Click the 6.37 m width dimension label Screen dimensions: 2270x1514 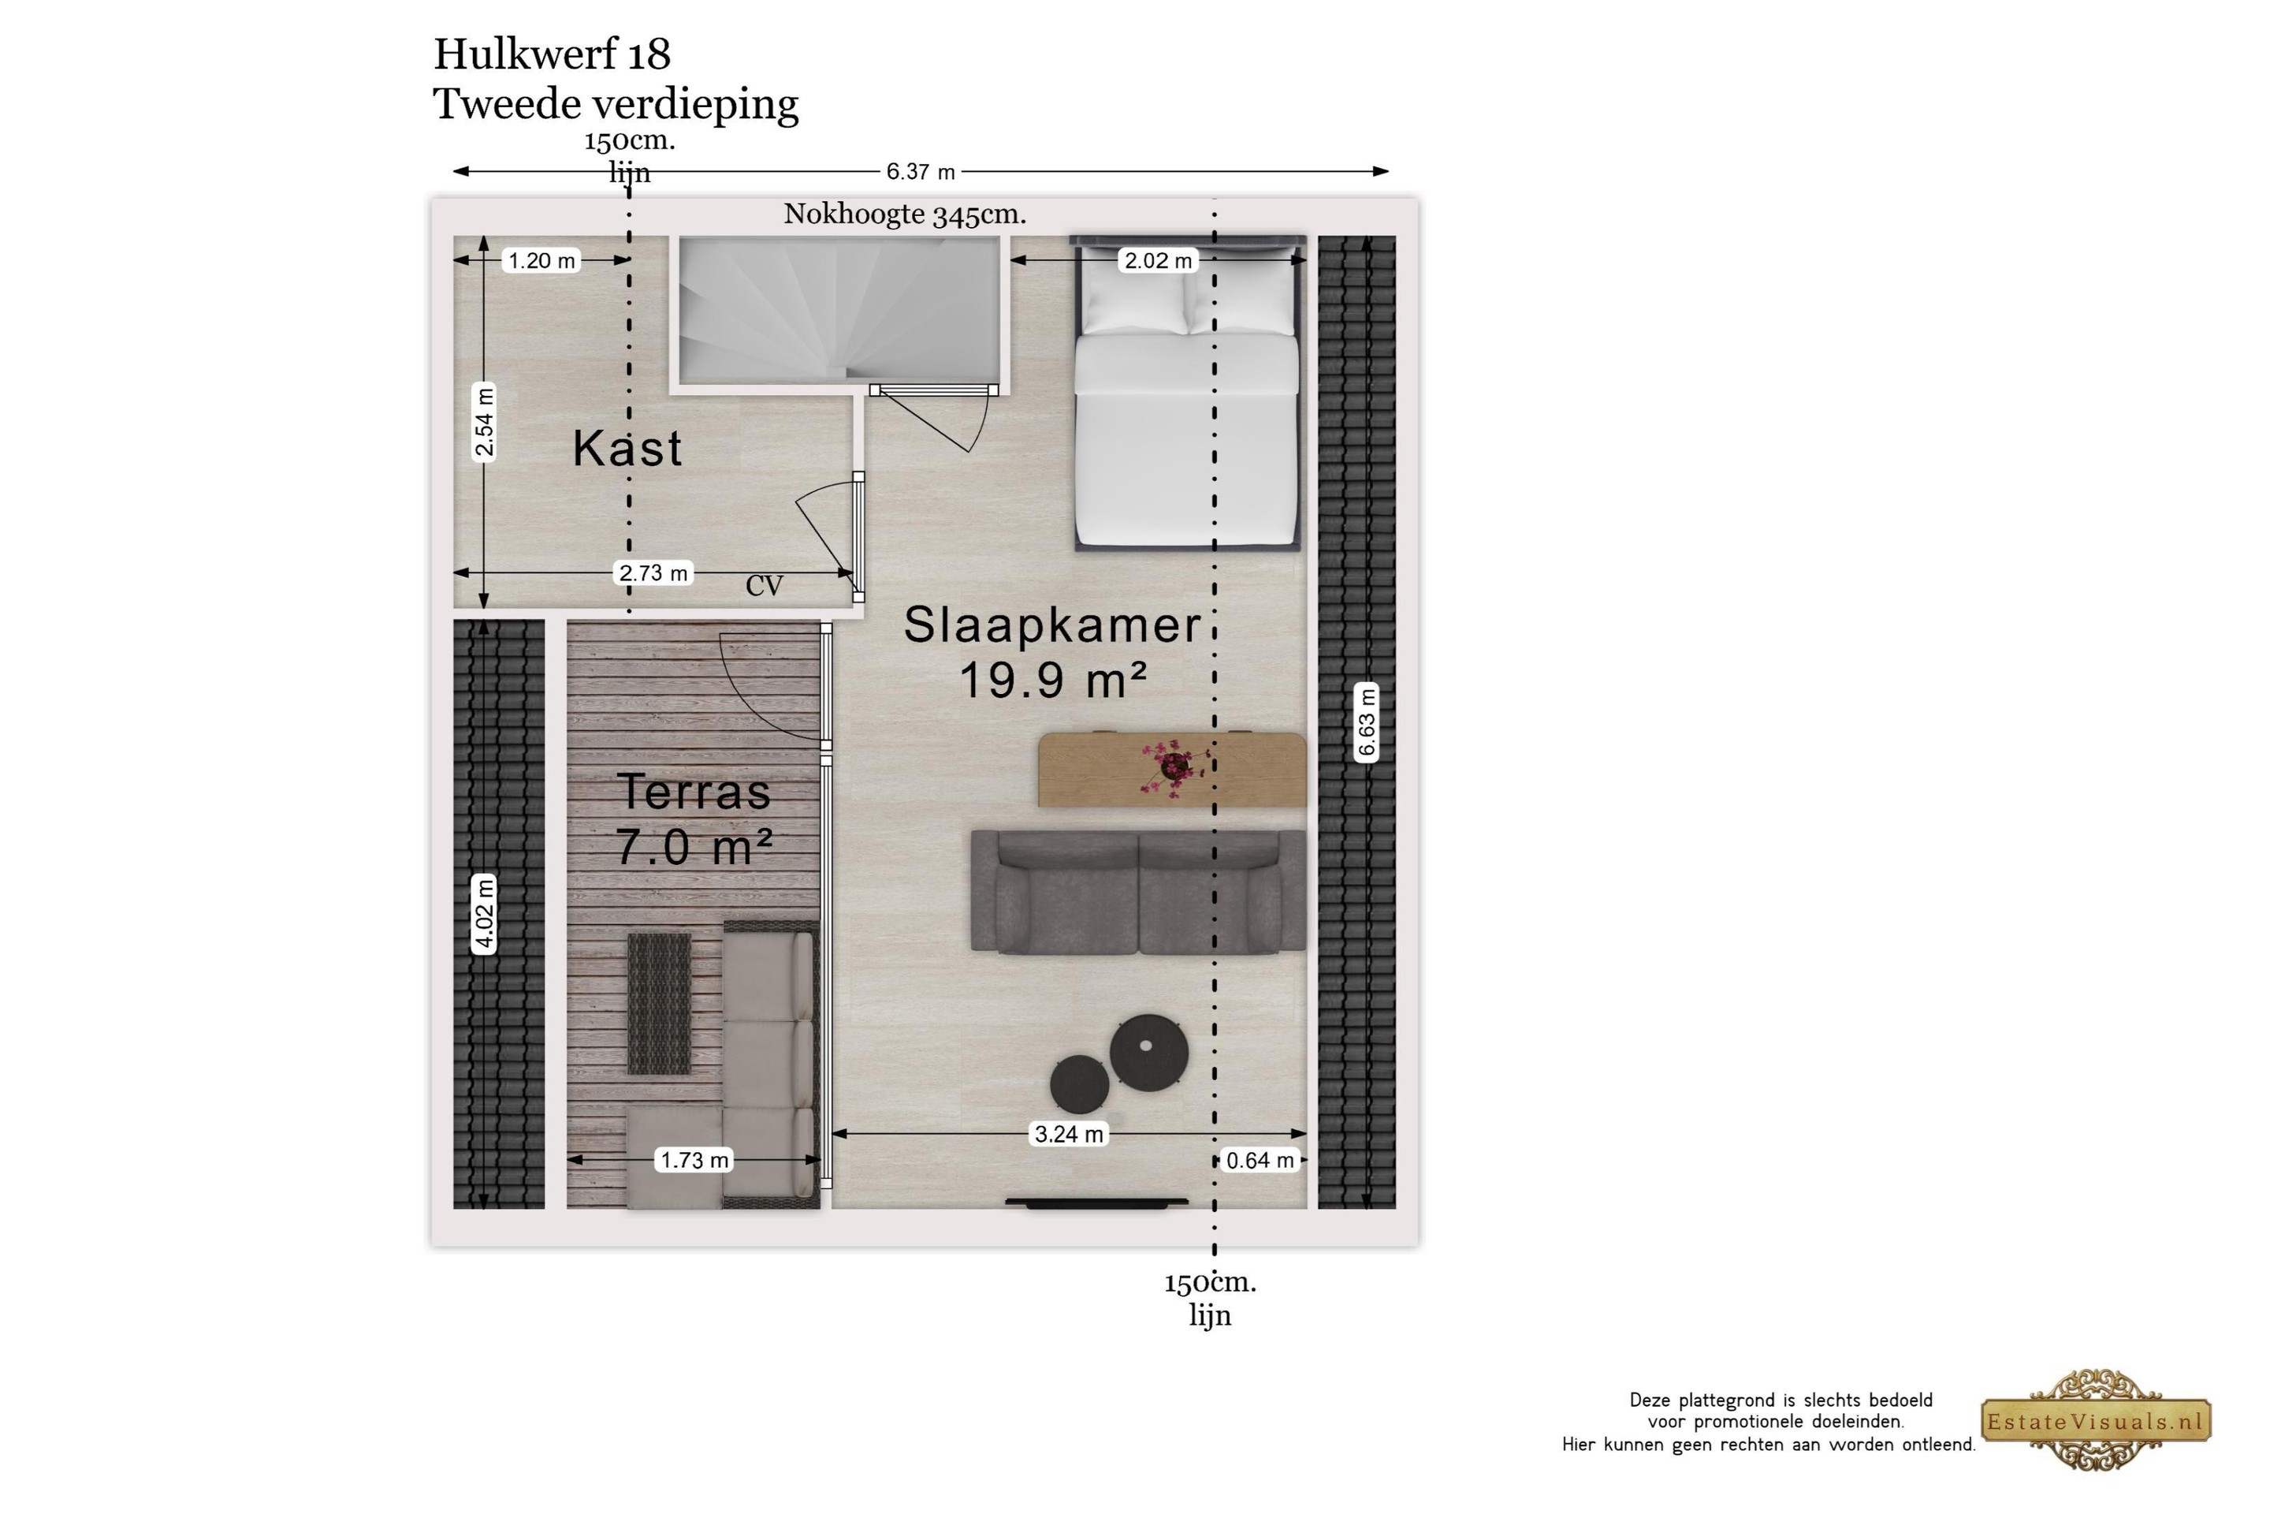click(x=920, y=172)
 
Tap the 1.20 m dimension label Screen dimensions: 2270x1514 click(x=541, y=261)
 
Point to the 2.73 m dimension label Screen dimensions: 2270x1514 click(x=653, y=572)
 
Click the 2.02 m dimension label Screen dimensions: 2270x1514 click(x=1158, y=261)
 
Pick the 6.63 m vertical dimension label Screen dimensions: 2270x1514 click(x=1367, y=722)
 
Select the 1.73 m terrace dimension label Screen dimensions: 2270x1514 click(x=694, y=1160)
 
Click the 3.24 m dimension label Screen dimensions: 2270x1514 click(x=1069, y=1134)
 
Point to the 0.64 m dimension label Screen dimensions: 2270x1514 click(x=1260, y=1160)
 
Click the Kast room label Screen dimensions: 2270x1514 click(x=627, y=448)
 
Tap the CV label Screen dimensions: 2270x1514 click(x=764, y=585)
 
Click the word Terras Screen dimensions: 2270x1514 click(x=694, y=792)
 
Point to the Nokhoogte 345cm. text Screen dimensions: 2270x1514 click(x=904, y=214)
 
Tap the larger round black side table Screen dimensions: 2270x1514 click(x=1148, y=1053)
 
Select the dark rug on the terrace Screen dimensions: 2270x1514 click(x=659, y=1003)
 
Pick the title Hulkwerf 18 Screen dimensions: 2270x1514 click(x=552, y=54)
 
